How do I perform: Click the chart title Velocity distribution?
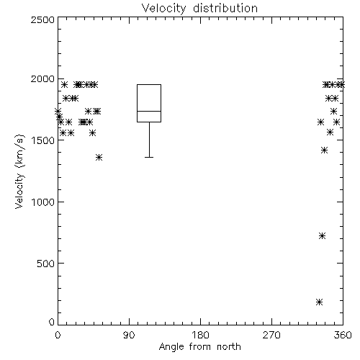pos(199,9)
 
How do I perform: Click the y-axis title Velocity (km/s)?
pos(19,171)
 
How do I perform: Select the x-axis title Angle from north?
pos(199,347)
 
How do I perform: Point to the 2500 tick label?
pos(42,19)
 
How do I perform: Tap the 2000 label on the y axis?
pos(42,78)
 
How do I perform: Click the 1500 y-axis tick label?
pos(43,140)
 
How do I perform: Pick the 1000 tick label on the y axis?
pos(43,202)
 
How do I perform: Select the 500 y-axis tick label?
pos(46,264)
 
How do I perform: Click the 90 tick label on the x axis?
pos(129,335)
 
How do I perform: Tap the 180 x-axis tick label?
pos(200,335)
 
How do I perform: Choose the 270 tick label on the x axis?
pos(271,335)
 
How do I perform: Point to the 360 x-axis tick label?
pos(343,335)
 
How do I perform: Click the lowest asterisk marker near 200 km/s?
pos(319,302)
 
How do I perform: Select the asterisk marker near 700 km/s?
pos(323,236)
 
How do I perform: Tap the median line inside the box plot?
pos(149,111)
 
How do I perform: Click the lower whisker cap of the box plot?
pos(149,157)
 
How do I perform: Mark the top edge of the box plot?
pos(149,84)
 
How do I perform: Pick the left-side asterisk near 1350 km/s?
pos(99,158)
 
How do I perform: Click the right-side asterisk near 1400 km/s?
pos(325,150)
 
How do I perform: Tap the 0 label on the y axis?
pos(52,322)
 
